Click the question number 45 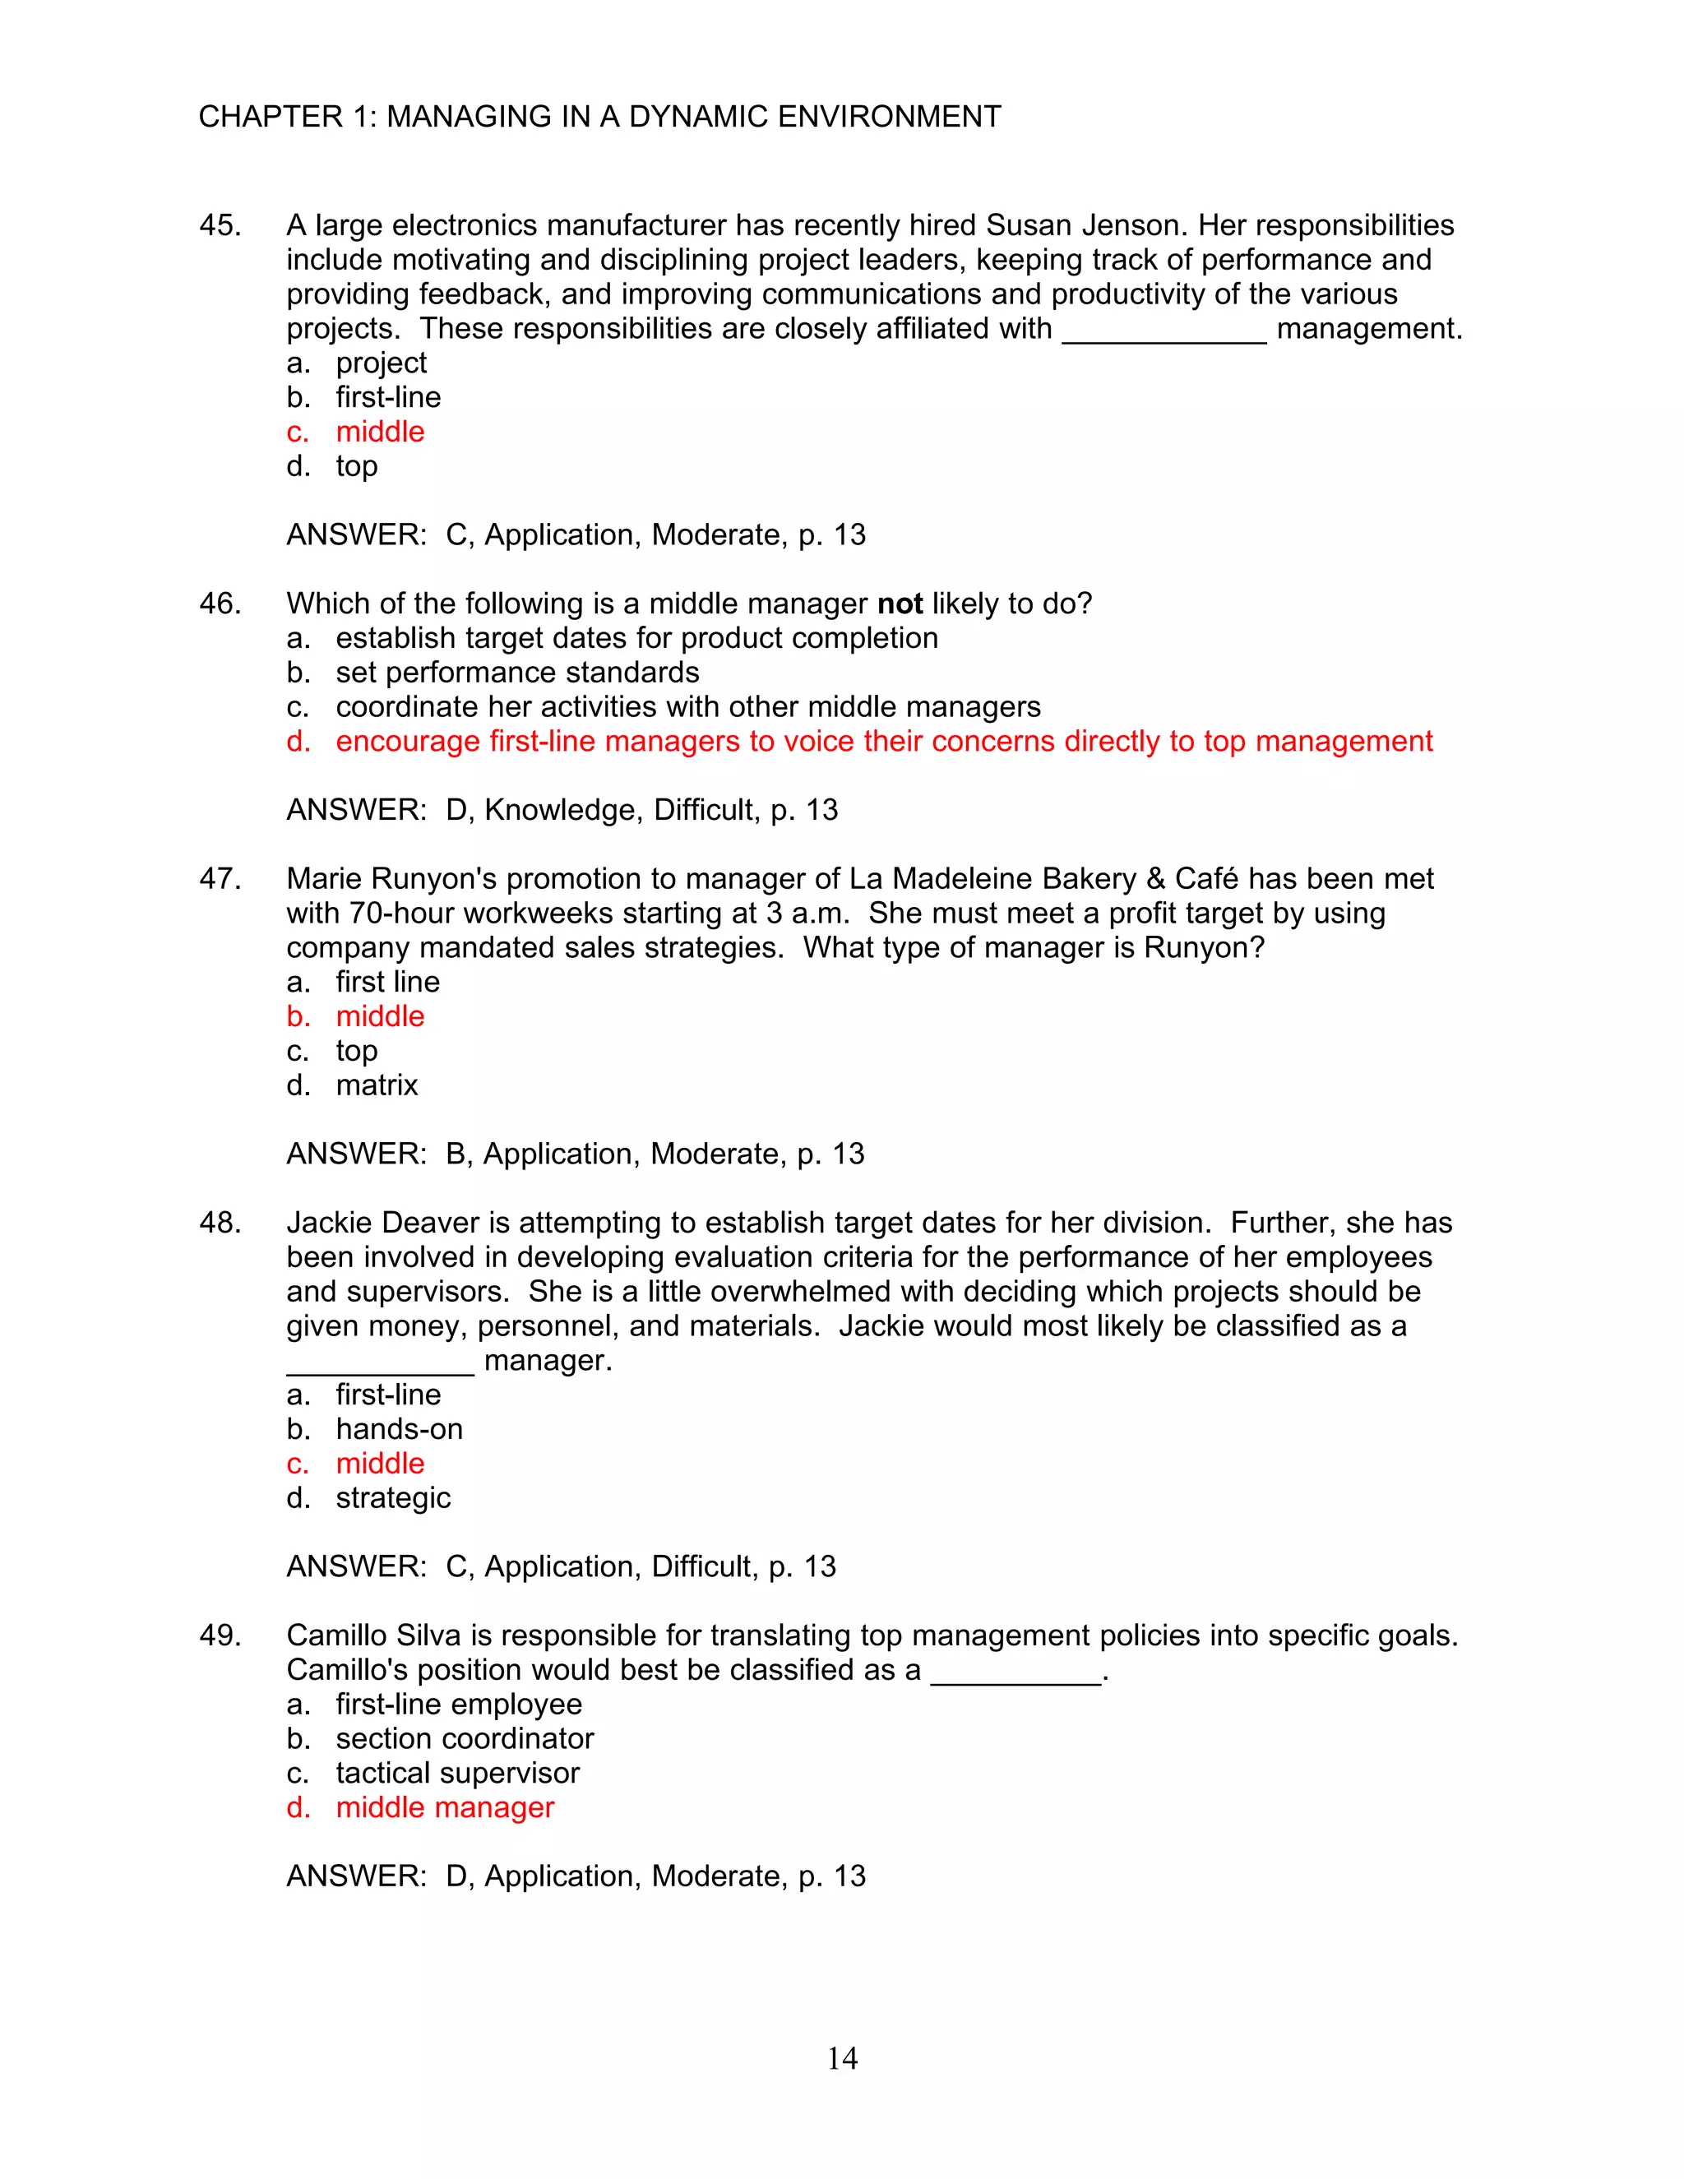[220, 225]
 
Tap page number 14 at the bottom [842, 2057]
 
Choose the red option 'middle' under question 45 [379, 432]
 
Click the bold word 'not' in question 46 [899, 604]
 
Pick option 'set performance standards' [516, 673]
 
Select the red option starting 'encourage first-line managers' [883, 742]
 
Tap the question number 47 [220, 879]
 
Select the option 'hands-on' [399, 1430]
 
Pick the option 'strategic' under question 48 [393, 1498]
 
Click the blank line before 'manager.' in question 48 [379, 1369]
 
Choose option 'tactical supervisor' [457, 1774]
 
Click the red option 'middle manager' [444, 1808]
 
